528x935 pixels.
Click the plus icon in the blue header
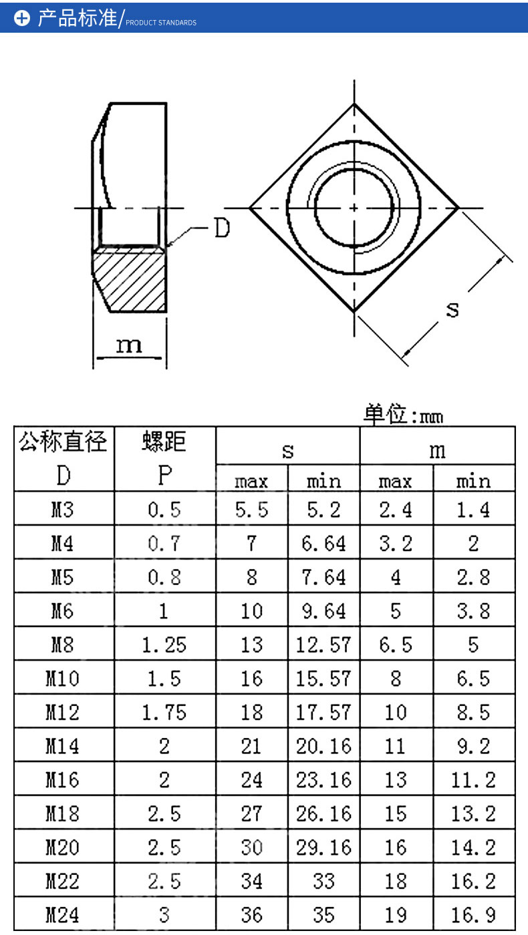point(22,19)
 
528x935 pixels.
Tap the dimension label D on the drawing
point(221,228)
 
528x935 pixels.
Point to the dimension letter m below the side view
point(129,345)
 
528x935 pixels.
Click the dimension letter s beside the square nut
point(452,309)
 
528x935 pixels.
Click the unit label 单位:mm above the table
point(403,415)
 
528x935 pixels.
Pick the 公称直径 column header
point(63,442)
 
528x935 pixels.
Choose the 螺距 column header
point(164,442)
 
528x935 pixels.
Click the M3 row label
point(63,510)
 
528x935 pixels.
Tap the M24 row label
point(63,914)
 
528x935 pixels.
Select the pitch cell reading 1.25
point(164,644)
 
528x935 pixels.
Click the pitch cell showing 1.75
point(164,712)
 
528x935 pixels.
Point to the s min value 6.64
point(323,544)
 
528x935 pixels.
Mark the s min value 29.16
point(323,847)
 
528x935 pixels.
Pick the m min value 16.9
point(473,914)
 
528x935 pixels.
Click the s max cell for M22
point(251,881)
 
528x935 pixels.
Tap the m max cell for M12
point(396,712)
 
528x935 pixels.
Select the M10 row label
point(63,679)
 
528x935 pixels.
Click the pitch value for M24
point(164,914)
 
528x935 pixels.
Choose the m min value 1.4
point(473,510)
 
